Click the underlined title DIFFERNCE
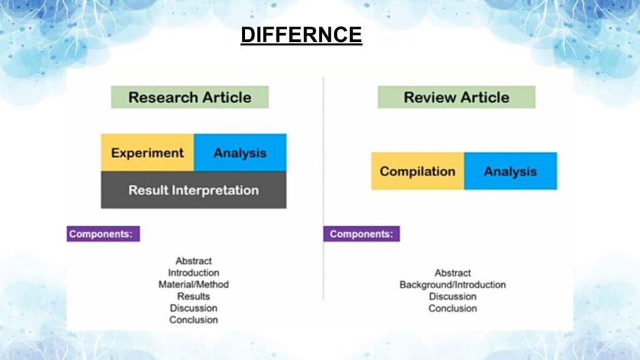tap(301, 35)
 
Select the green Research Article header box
tap(190, 97)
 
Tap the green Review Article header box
tap(456, 97)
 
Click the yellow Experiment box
tap(147, 152)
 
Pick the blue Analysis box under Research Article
tap(241, 152)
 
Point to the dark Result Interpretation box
tap(194, 190)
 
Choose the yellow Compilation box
tap(417, 171)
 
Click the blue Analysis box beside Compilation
tap(511, 171)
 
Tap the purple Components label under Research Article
tap(103, 234)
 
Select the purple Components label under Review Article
tap(362, 234)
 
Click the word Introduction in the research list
tap(194, 272)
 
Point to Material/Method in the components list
tap(194, 284)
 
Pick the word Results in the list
tap(194, 296)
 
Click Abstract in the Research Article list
tap(194, 261)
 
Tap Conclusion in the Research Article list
tap(194, 320)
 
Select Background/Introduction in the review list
tap(452, 285)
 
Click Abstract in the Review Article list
tap(452, 273)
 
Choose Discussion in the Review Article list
tap(452, 297)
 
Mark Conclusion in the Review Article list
tap(452, 309)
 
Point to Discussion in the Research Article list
tap(194, 308)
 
